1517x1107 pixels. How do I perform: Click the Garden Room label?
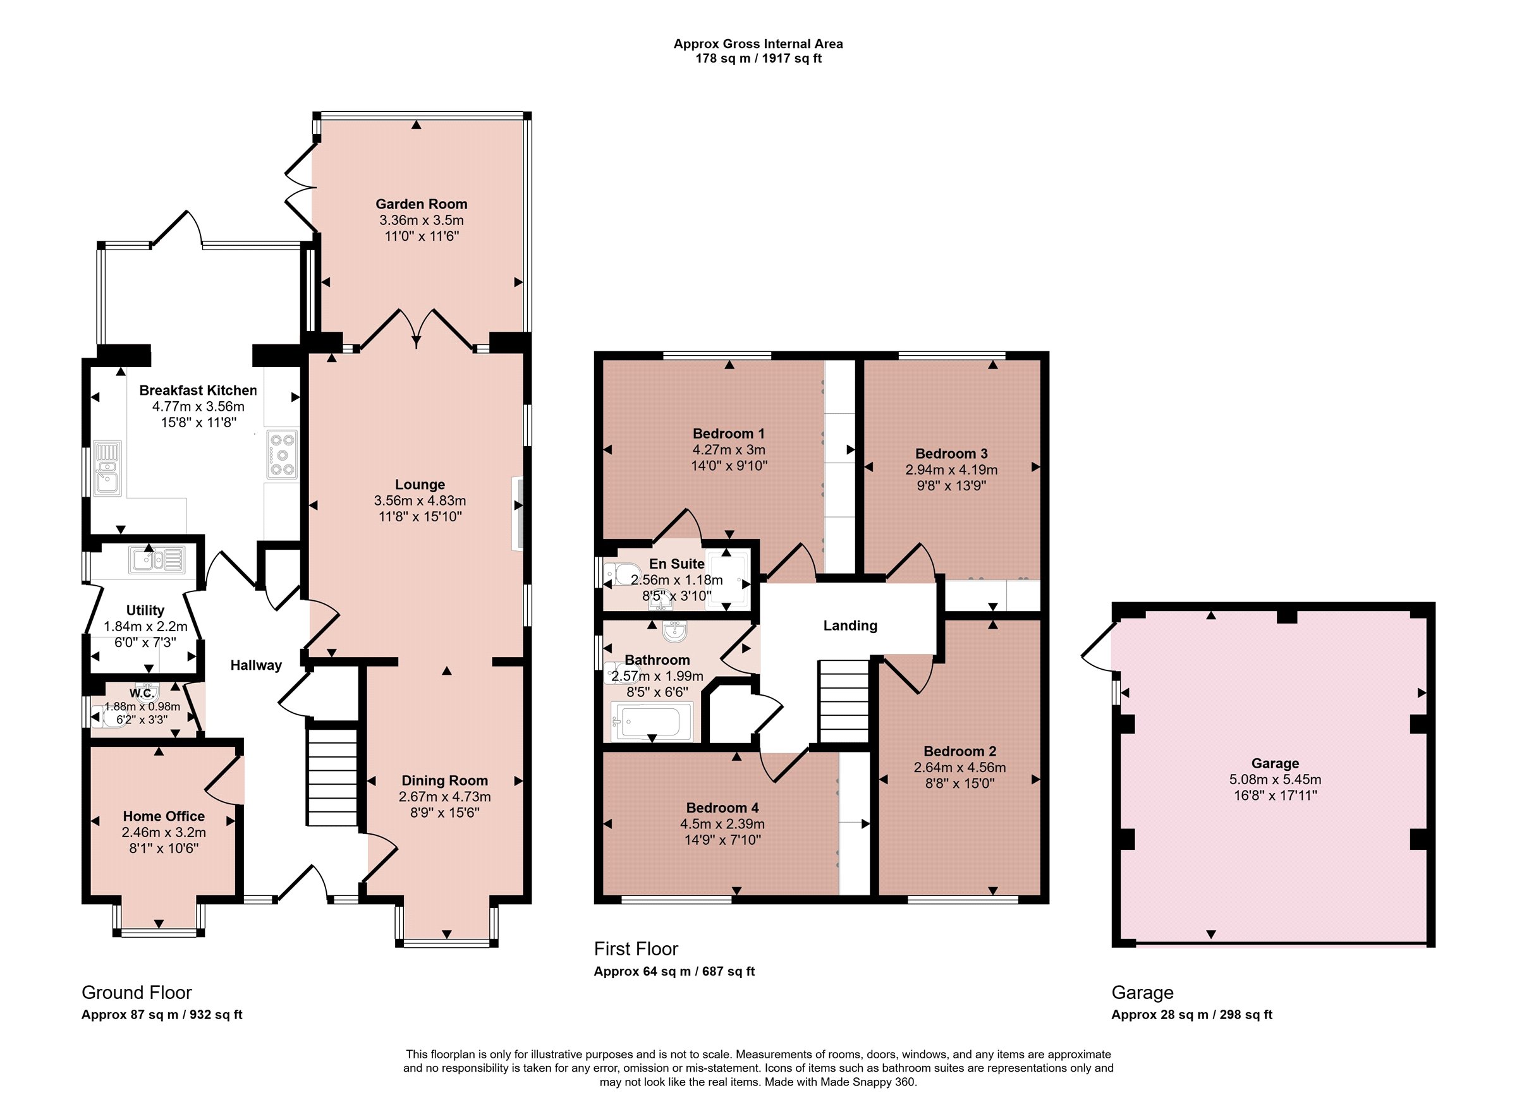pyautogui.click(x=421, y=203)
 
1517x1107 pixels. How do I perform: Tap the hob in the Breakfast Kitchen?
pyautogui.click(x=282, y=455)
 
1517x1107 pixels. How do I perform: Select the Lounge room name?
pyautogui.click(x=420, y=485)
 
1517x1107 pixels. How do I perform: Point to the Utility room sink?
pyautogui.click(x=157, y=560)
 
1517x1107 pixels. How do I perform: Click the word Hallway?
pyautogui.click(x=256, y=665)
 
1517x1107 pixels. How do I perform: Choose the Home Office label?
pyautogui.click(x=164, y=816)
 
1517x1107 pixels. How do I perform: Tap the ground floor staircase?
pyautogui.click(x=332, y=777)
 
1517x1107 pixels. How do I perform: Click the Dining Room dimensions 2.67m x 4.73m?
pyautogui.click(x=444, y=797)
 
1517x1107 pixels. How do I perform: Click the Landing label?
pyautogui.click(x=850, y=626)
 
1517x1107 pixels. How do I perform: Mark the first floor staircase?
pyautogui.click(x=843, y=701)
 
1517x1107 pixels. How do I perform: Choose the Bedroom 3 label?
pyautogui.click(x=951, y=454)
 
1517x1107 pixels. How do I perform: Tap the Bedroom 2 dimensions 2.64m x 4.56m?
pyautogui.click(x=960, y=767)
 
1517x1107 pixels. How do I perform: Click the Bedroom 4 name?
pyautogui.click(x=722, y=808)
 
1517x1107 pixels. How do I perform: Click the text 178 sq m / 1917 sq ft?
pyautogui.click(x=758, y=58)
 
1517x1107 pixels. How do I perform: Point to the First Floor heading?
pyautogui.click(x=635, y=949)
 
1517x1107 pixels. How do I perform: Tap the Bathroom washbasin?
pyautogui.click(x=674, y=631)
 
